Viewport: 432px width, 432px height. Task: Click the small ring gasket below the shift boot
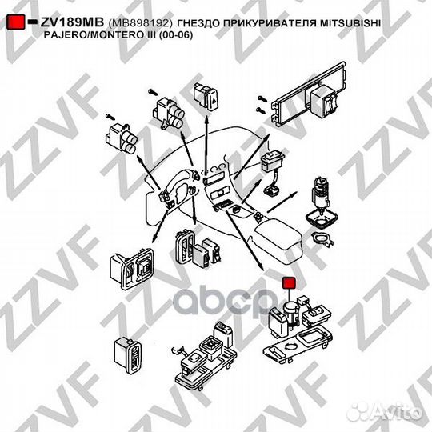[x=321, y=239]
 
